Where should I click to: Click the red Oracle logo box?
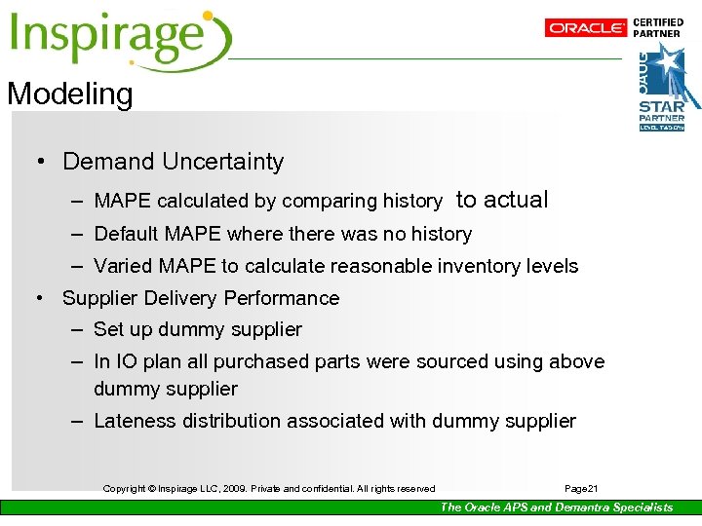586,28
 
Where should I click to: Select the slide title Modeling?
69,94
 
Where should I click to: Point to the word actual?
516,200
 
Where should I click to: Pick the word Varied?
122,266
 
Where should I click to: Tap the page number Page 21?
582,488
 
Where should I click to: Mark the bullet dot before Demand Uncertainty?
41,162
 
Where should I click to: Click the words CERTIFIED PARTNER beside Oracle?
659,27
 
